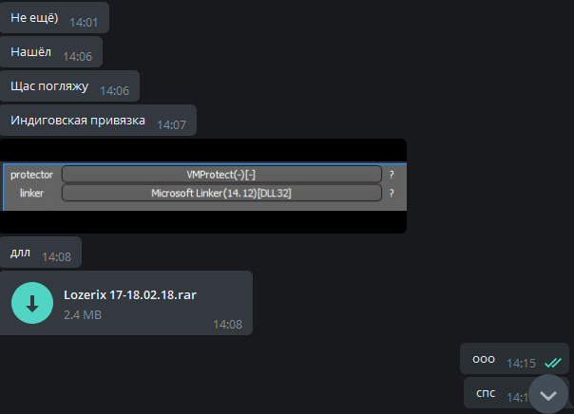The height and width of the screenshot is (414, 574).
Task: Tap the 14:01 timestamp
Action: (x=83, y=20)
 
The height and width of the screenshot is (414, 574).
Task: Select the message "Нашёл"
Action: (x=31, y=53)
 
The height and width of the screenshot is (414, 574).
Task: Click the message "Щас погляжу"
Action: (x=49, y=87)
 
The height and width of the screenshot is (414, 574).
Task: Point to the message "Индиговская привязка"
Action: (x=78, y=122)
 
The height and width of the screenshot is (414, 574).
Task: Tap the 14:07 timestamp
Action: (x=172, y=124)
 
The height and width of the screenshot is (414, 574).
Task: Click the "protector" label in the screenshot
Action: (x=32, y=175)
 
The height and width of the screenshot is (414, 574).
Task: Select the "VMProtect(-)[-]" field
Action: (x=221, y=175)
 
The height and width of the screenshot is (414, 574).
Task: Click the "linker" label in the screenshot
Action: (x=32, y=193)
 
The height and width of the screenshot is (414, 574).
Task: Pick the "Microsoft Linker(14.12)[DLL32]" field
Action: (x=221, y=193)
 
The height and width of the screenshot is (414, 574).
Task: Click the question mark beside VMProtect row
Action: (x=391, y=175)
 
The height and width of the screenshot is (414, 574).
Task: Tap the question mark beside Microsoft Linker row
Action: (x=391, y=193)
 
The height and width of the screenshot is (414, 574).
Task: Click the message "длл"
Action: (x=20, y=254)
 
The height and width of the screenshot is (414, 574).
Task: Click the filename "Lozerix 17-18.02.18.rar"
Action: (x=130, y=294)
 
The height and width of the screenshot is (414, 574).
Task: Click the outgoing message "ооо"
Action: (x=484, y=360)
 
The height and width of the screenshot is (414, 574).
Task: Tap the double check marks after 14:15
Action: (x=552, y=362)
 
